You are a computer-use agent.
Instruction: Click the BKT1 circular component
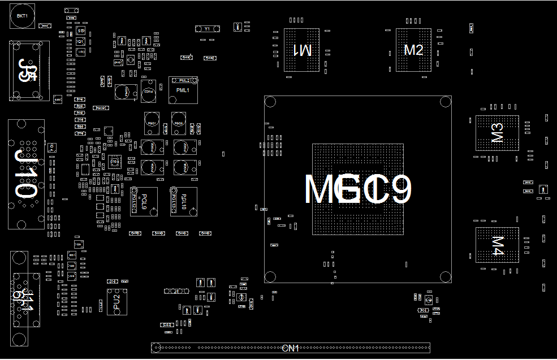[x=22, y=16]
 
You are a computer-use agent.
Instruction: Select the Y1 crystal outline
[x=206, y=28]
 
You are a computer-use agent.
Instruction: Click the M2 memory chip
[x=413, y=50]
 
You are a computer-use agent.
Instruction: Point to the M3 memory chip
[x=497, y=133]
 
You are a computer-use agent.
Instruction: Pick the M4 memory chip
[x=497, y=245]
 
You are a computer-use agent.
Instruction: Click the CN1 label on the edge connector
[x=290, y=348]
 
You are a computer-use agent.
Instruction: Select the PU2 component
[x=116, y=301]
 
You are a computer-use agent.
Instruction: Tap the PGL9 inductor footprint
[x=144, y=201]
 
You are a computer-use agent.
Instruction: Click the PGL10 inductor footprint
[x=184, y=201]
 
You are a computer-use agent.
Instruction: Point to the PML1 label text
[x=183, y=90]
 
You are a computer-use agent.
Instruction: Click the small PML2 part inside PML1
[x=184, y=81]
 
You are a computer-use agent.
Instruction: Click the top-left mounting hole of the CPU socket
[x=270, y=102]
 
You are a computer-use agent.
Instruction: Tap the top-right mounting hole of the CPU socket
[x=446, y=102]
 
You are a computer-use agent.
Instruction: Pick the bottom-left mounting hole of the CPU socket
[x=270, y=277]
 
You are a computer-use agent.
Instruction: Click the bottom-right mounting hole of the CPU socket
[x=446, y=277]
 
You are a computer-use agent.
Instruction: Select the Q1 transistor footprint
[x=80, y=41]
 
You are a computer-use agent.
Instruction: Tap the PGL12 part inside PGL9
[x=135, y=201]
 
